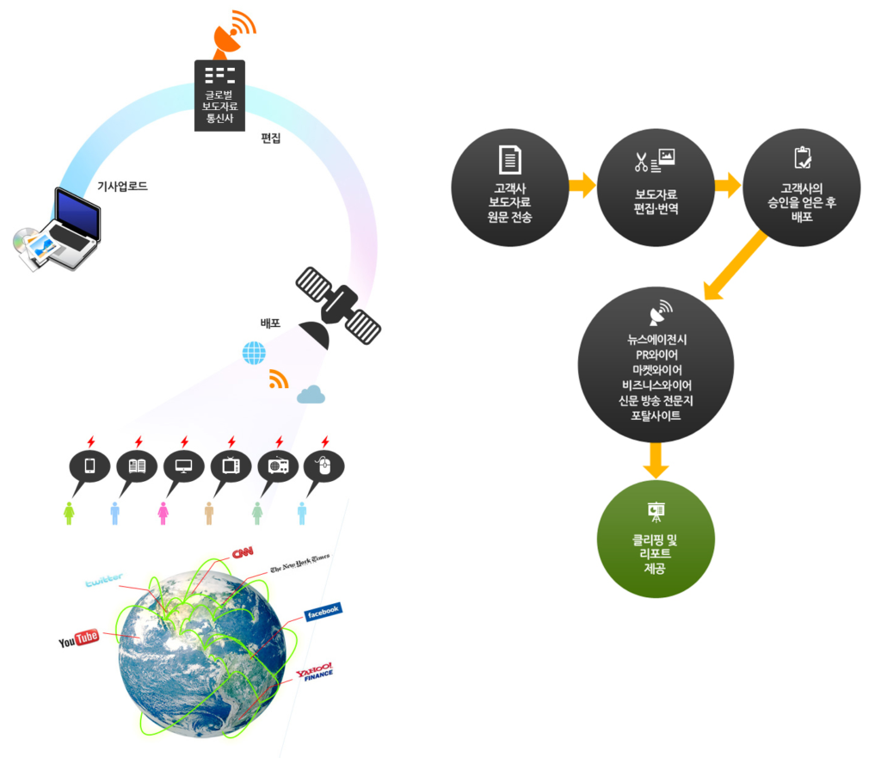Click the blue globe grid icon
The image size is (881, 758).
click(x=254, y=353)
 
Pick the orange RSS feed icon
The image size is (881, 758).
click(x=279, y=379)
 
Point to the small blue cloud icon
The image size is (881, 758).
click(x=311, y=394)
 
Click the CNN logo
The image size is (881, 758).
click(x=243, y=553)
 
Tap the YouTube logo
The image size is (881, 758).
click(x=78, y=639)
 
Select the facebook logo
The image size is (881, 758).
click(x=323, y=612)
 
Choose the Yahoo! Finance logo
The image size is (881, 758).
click(x=315, y=672)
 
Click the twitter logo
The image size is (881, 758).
click(x=104, y=580)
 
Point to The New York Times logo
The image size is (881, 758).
click(x=299, y=563)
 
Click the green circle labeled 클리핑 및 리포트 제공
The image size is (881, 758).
click(x=656, y=539)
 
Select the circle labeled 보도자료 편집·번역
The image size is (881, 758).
click(x=656, y=187)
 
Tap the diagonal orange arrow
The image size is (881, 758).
click(x=736, y=265)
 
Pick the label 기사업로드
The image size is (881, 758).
click(x=122, y=186)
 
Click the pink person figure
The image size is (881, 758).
click(x=163, y=513)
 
